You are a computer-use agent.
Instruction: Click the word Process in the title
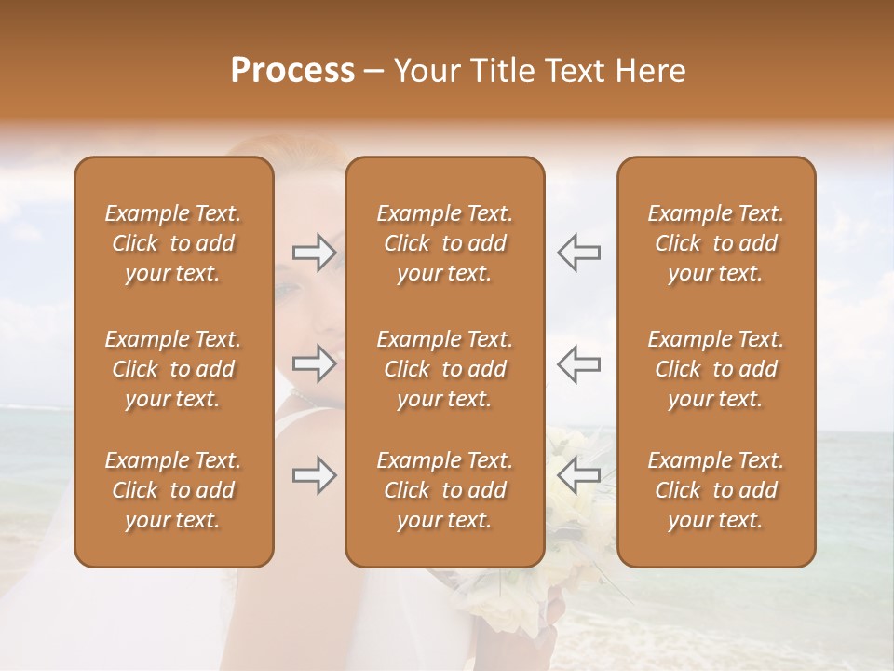click(x=292, y=71)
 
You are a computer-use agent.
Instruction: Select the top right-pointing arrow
click(x=314, y=252)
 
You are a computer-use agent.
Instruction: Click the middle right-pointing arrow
click(x=314, y=364)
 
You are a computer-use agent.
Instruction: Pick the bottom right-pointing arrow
click(x=314, y=475)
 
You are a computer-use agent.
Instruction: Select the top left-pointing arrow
click(x=578, y=252)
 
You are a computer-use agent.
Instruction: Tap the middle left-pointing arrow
click(x=578, y=364)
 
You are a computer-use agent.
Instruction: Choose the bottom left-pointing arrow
click(x=578, y=475)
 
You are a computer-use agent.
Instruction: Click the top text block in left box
click(x=173, y=243)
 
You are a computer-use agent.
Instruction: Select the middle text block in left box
click(x=173, y=369)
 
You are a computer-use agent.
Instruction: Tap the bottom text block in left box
click(x=173, y=490)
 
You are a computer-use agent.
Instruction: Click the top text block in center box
click(x=445, y=243)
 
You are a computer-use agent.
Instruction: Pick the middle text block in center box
click(x=445, y=369)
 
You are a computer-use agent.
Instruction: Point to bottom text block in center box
click(x=445, y=490)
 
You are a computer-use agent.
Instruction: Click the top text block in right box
click(x=716, y=243)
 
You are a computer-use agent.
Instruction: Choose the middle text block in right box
click(x=716, y=369)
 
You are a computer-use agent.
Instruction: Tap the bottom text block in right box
click(x=716, y=490)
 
